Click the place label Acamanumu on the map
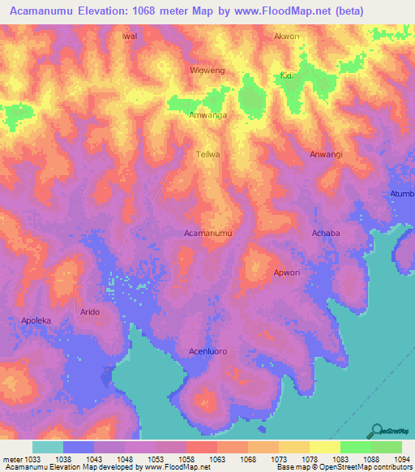(208, 233)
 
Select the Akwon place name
(286, 36)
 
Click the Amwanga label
(207, 116)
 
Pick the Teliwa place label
(208, 153)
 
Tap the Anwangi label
(326, 153)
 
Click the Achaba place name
(326, 233)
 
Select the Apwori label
(287, 272)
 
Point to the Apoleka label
(36, 320)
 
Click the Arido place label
(89, 311)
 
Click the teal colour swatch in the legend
(48, 447)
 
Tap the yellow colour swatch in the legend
(325, 447)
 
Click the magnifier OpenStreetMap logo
(376, 431)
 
